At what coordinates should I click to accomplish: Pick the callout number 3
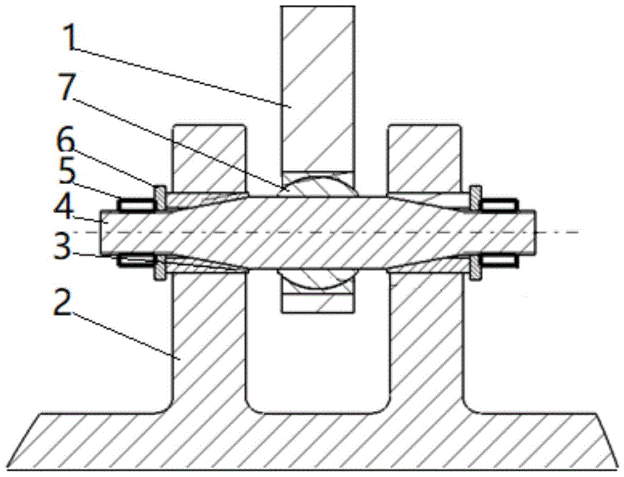(63, 246)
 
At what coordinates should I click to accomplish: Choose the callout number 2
(62, 302)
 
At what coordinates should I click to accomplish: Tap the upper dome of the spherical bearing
(318, 185)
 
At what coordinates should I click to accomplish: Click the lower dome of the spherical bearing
(318, 278)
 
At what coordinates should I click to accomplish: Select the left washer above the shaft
(160, 197)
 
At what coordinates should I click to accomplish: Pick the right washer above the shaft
(475, 197)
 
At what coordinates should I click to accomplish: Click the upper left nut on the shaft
(136, 205)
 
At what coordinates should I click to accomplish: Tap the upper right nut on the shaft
(500, 205)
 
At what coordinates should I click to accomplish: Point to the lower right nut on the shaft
(500, 261)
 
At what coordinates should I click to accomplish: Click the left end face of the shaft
(102, 232)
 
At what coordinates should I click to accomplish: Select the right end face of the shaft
(534, 232)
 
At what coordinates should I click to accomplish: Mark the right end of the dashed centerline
(579, 232)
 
